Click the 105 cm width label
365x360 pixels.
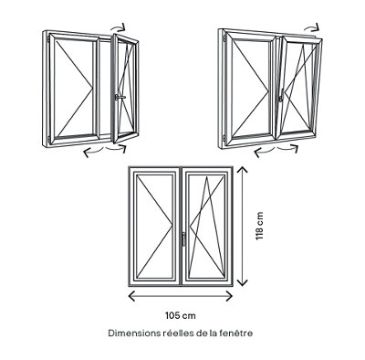181,315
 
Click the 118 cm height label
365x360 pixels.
259,226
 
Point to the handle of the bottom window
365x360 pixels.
183,238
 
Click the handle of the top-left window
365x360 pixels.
120,97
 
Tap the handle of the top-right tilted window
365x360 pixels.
281,95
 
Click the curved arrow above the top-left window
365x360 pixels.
118,27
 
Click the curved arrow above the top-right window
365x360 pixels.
312,27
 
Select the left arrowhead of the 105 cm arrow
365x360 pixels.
131,295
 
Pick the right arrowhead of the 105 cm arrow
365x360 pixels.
229,295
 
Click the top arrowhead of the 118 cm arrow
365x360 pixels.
242,170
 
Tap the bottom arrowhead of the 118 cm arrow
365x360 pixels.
242,282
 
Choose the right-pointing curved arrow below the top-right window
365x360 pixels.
288,147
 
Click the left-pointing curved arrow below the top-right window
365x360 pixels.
264,152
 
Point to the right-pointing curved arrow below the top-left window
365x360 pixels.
116,148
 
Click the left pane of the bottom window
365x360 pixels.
155,226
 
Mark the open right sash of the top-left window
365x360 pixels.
125,89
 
